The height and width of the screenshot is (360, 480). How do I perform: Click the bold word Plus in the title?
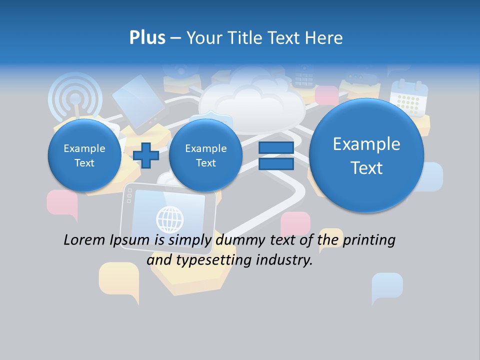point(147,38)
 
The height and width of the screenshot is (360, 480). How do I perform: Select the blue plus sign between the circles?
point(146,155)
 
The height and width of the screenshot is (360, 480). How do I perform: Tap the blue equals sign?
point(275,155)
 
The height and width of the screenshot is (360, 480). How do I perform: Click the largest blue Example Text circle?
point(366,155)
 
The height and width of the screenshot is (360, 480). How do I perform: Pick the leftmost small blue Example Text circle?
point(84,155)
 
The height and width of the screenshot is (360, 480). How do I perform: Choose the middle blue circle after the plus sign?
point(205,155)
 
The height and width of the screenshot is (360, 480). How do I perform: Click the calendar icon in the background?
point(409,97)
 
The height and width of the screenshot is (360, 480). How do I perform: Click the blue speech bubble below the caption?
point(387,286)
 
